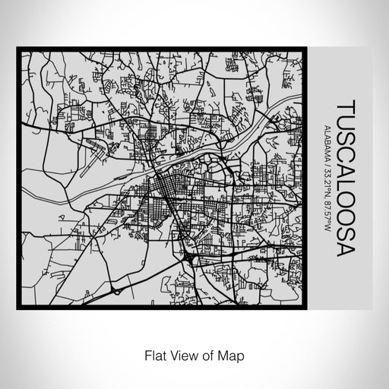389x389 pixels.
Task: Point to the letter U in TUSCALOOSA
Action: pos(343,122)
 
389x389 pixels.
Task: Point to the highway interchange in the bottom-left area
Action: pos(115,289)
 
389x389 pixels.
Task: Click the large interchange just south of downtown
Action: pos(188,261)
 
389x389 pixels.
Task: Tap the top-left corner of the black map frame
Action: pos(19,50)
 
